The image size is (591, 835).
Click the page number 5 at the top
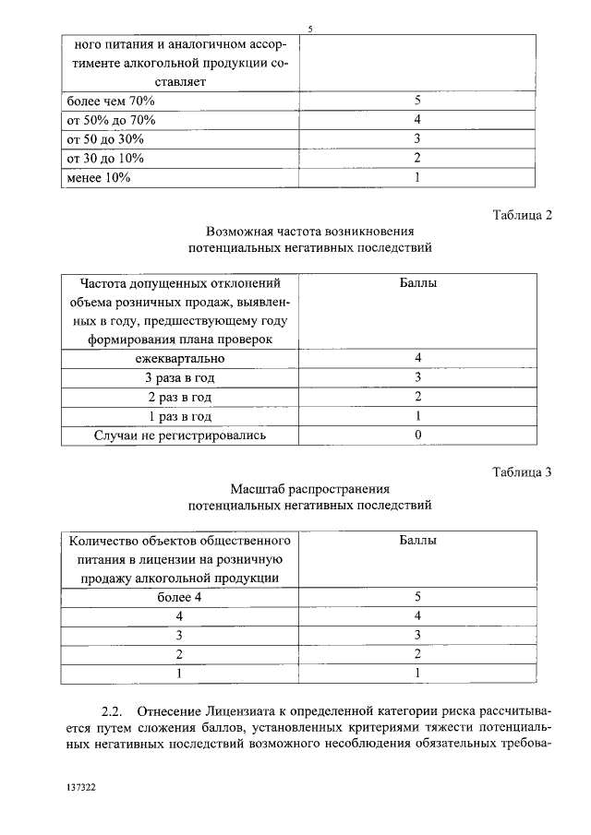click(x=310, y=29)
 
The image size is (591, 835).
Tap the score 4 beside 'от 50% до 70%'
click(x=417, y=120)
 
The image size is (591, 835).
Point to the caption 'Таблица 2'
click(x=522, y=216)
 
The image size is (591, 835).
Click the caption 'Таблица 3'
click(x=522, y=472)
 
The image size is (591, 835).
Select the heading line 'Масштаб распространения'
click(x=309, y=488)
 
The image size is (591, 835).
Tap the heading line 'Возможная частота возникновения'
click(x=309, y=232)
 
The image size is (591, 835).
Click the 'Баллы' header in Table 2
click(x=417, y=283)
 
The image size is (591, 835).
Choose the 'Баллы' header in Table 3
click(x=417, y=540)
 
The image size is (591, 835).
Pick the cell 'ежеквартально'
click(x=179, y=358)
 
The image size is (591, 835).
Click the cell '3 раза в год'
click(x=179, y=377)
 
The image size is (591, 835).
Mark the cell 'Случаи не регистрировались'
click(x=179, y=435)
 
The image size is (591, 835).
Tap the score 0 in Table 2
click(x=417, y=435)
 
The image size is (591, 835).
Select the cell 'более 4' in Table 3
click(x=179, y=596)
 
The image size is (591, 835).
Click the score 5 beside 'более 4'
click(x=417, y=596)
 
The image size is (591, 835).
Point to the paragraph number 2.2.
click(x=111, y=712)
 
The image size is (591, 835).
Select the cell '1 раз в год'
click(x=179, y=416)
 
